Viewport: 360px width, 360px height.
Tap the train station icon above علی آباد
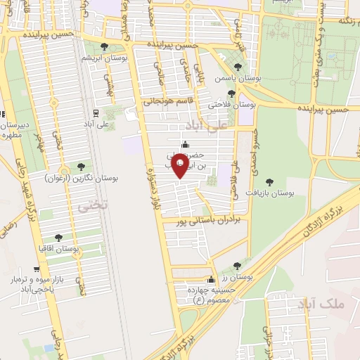click(95, 112)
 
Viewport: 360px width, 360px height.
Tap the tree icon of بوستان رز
click(237, 266)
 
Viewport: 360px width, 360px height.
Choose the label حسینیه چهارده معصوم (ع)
click(208, 293)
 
